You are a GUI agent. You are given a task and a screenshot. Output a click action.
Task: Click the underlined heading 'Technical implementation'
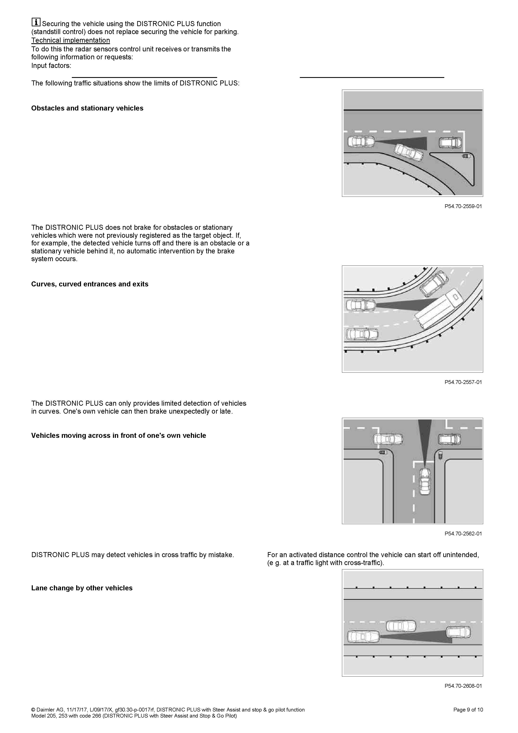pyautogui.click(x=71, y=40)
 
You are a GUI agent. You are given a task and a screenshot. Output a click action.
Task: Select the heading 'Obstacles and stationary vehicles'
pyautogui.click(x=87, y=108)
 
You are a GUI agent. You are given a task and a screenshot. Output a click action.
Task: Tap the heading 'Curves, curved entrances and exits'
pyautogui.click(x=90, y=284)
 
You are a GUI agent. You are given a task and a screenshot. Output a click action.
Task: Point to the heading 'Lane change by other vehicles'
pyautogui.click(x=82, y=588)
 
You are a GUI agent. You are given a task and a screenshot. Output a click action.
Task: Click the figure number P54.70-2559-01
pyautogui.click(x=463, y=206)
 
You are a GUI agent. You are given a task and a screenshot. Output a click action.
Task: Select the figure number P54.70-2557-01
pyautogui.click(x=463, y=382)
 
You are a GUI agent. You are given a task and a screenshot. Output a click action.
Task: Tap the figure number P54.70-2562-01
pyautogui.click(x=463, y=534)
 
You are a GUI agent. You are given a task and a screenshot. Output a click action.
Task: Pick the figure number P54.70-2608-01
pyautogui.click(x=463, y=686)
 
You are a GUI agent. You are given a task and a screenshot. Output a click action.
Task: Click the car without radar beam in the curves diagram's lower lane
pyautogui.click(x=362, y=334)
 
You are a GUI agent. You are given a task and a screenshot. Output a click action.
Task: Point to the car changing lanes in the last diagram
pyautogui.click(x=401, y=626)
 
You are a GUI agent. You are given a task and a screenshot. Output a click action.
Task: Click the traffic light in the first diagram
pyautogui.click(x=466, y=156)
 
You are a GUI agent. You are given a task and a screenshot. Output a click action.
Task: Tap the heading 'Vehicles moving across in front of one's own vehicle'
pyautogui.click(x=118, y=436)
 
